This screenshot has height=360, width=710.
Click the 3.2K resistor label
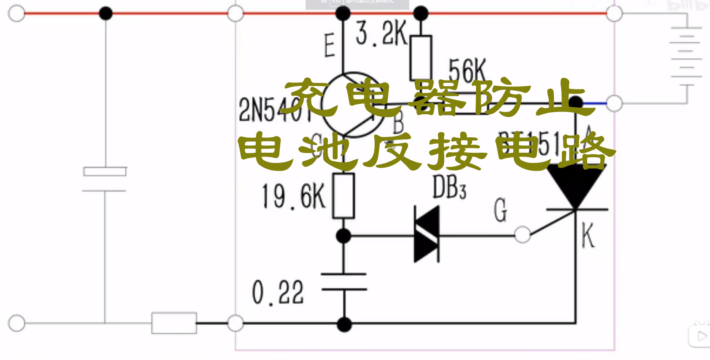381,34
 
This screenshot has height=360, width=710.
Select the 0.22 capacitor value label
278,292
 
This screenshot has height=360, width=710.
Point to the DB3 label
449,188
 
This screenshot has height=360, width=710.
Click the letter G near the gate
500,210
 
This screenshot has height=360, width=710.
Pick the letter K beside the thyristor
588,235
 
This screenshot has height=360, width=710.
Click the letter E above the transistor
329,45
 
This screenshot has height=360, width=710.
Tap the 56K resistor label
467,71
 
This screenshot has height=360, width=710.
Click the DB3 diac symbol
427,234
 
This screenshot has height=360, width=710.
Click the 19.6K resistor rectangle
344,196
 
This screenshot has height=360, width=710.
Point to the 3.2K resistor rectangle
421,58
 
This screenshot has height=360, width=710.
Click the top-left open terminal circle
16,13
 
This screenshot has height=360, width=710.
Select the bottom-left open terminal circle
16,323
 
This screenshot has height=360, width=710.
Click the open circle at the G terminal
522,235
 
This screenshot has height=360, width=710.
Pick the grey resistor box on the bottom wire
174,323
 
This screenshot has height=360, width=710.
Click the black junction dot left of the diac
344,236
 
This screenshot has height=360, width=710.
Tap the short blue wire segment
595,103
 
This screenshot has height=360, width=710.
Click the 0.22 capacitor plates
344,282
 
